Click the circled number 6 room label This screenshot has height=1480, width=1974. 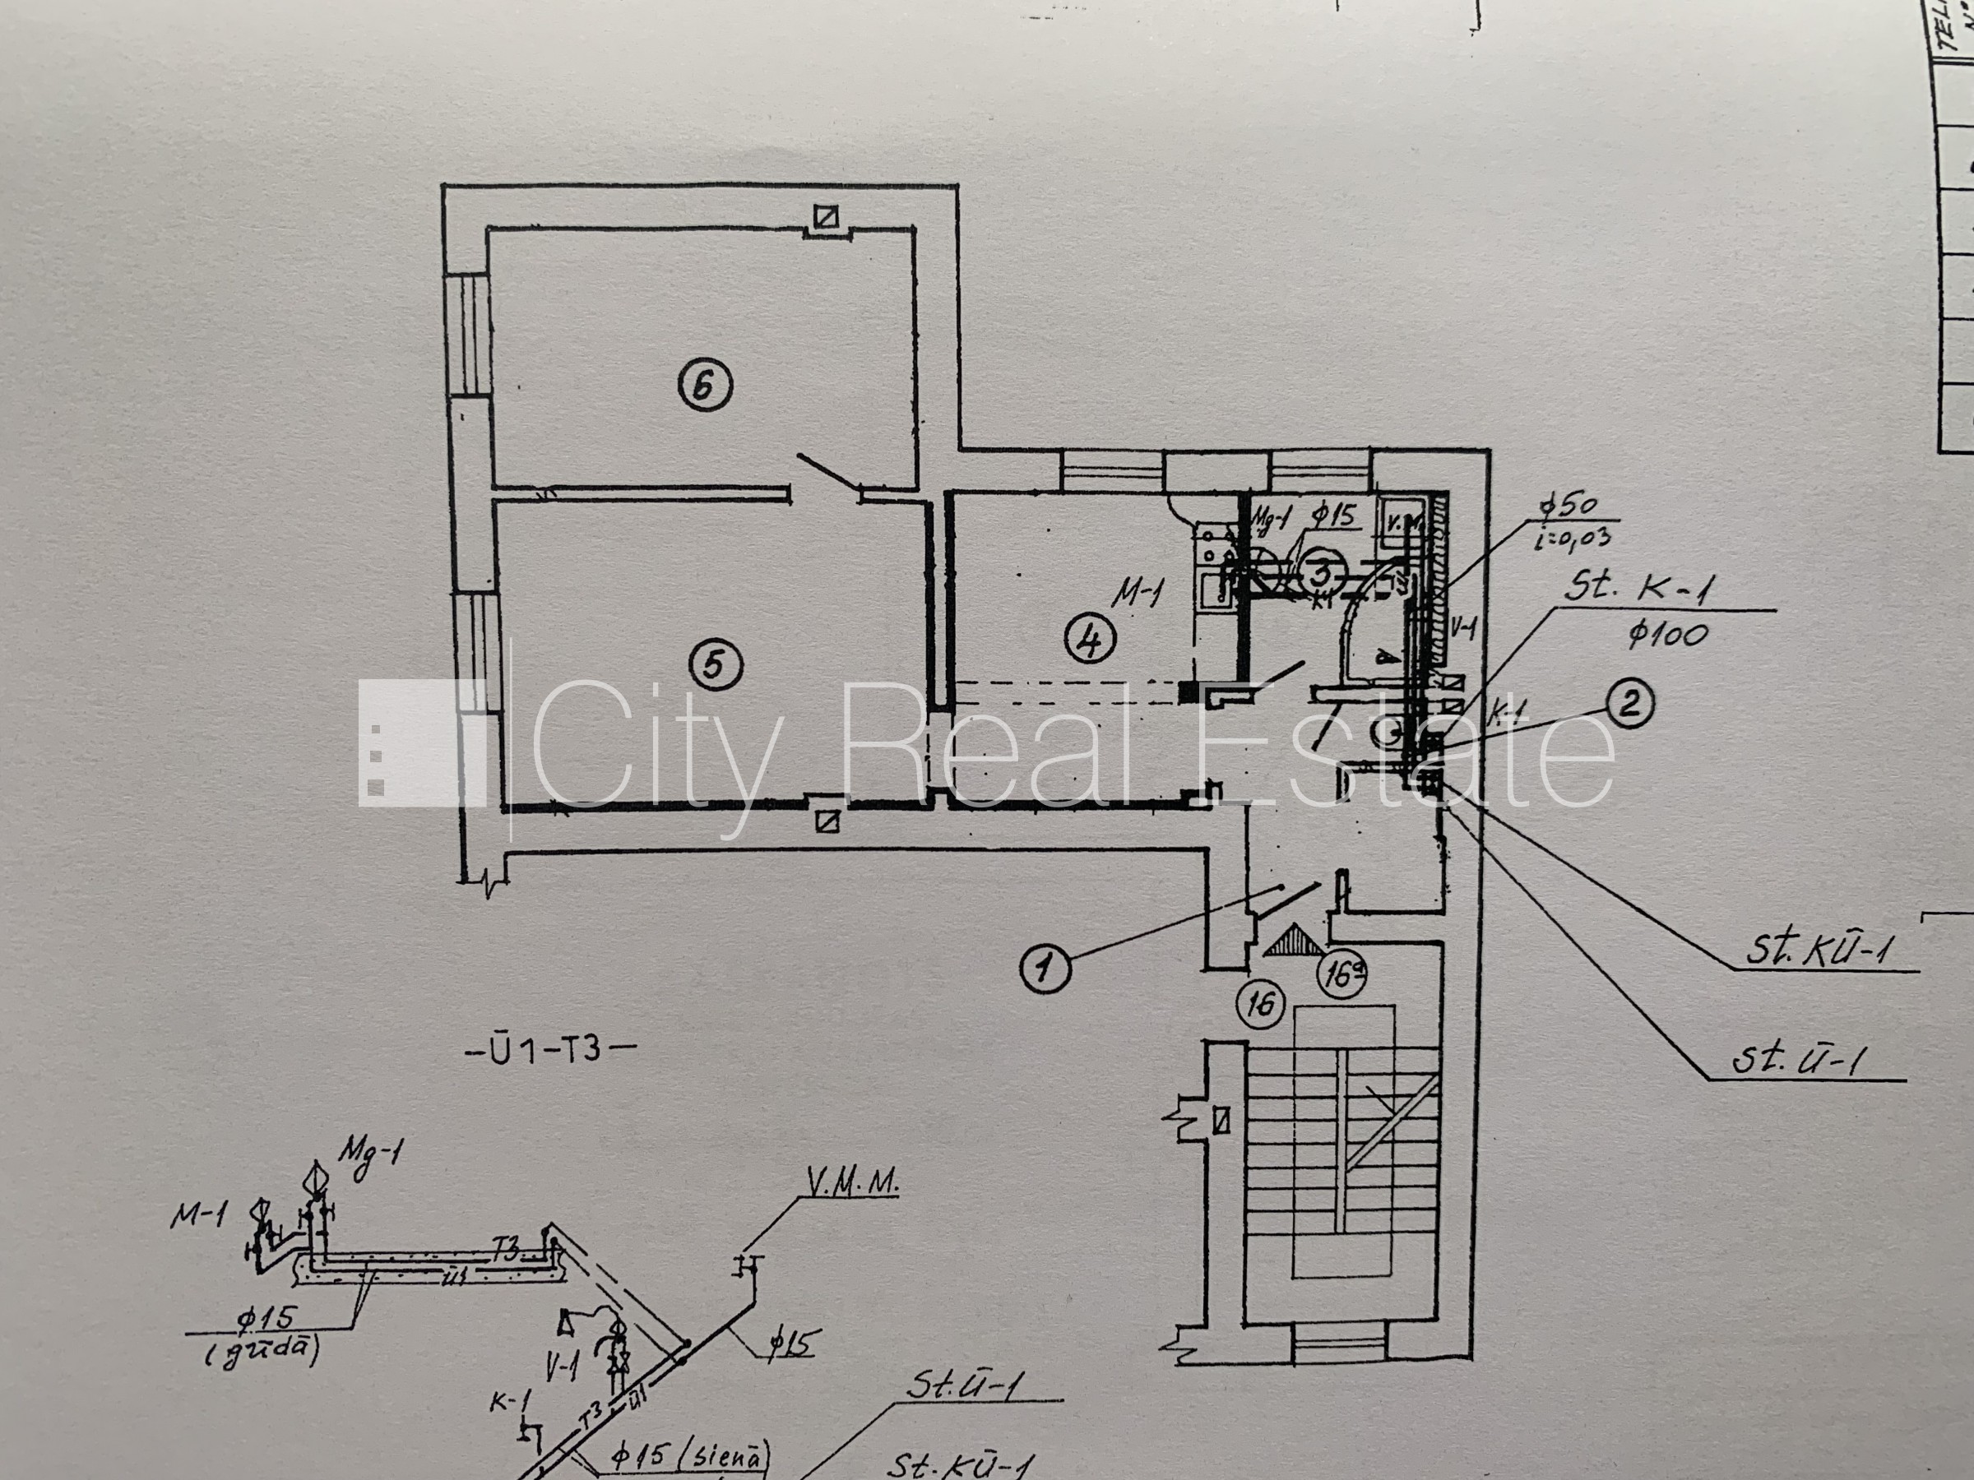[x=705, y=386]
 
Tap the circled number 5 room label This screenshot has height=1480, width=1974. [x=716, y=664]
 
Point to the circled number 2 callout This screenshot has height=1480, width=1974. [x=1630, y=704]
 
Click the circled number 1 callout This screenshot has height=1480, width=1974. [x=1045, y=969]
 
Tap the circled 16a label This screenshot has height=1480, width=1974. [x=1342, y=974]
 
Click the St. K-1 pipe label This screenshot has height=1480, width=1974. [x=1638, y=586]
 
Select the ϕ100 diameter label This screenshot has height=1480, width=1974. [x=1667, y=636]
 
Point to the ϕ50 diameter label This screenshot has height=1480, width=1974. [x=1568, y=506]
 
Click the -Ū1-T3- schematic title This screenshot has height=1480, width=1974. [x=550, y=1050]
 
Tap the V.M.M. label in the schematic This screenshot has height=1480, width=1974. [x=852, y=1183]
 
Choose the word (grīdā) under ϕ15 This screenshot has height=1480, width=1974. [x=262, y=1353]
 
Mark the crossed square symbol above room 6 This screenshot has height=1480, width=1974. [x=827, y=217]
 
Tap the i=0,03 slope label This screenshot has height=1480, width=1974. [x=1573, y=538]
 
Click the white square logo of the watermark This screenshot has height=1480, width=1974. [x=421, y=743]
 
